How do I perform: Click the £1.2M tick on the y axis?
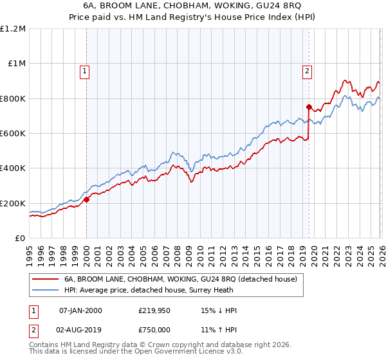pyautogui.click(x=13, y=28)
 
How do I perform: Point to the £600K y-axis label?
pyautogui.click(x=13, y=133)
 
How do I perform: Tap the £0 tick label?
pyautogui.click(x=20, y=238)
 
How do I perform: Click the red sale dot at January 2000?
pyautogui.click(x=86, y=199)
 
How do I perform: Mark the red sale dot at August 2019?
pyautogui.click(x=309, y=107)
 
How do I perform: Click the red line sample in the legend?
pyautogui.click(x=45, y=280)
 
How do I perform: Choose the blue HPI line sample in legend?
pyautogui.click(x=45, y=290)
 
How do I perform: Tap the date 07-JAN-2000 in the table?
pyautogui.click(x=80, y=310)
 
